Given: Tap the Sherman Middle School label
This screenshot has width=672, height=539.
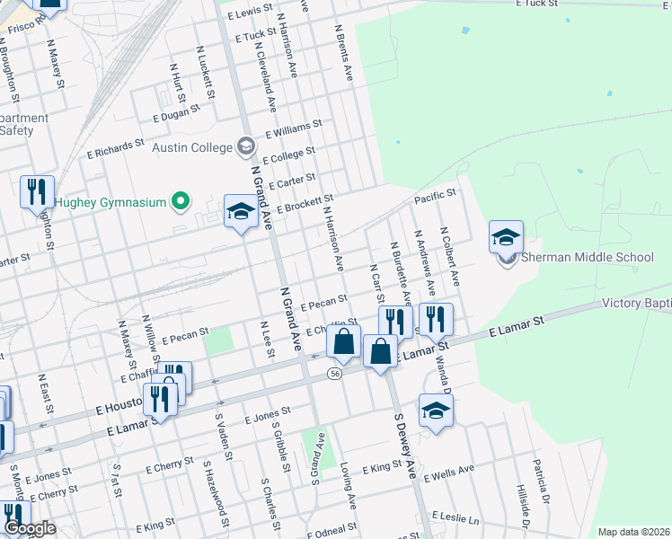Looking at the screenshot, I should pos(588,257).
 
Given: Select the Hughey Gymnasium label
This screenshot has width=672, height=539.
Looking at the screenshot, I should pos(111,202).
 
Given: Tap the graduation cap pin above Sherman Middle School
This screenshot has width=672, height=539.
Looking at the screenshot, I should pos(506,238).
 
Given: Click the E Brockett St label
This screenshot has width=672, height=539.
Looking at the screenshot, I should pos(305,204).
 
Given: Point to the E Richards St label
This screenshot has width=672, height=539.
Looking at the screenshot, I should pos(115,148).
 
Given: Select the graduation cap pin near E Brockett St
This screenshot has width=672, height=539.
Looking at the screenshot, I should pos(240,212).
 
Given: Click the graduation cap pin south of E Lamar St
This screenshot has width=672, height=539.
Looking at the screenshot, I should pos(436,411).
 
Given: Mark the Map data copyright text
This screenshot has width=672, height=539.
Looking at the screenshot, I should pos(632,532).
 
